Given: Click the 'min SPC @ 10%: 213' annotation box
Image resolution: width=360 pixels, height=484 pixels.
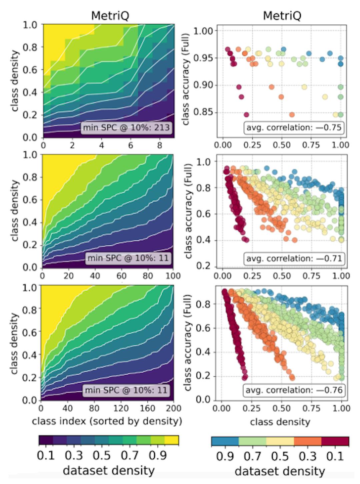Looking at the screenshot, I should (x=126, y=127).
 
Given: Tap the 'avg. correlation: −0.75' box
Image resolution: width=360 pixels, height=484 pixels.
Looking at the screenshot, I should (x=294, y=127).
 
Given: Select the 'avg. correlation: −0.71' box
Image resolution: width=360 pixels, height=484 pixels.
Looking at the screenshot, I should (x=294, y=259).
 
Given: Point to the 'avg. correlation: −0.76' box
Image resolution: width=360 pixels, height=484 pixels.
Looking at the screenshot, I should (x=294, y=390).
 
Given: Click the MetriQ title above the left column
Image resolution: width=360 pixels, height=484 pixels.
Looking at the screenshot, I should (x=110, y=16).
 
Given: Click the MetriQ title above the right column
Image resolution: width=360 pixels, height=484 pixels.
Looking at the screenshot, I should (x=282, y=16).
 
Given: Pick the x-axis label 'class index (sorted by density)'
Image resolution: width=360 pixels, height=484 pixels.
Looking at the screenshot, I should (x=107, y=421).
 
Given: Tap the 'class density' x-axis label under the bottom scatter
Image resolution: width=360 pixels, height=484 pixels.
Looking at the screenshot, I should (x=280, y=422).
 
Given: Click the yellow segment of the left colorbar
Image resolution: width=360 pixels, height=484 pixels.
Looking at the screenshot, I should (x=172, y=440).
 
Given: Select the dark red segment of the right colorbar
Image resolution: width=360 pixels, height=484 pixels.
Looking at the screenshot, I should (x=335, y=441).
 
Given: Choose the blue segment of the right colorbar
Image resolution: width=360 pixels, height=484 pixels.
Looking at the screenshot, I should (x=225, y=441).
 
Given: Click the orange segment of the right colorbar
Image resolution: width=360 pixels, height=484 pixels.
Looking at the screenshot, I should (x=308, y=441).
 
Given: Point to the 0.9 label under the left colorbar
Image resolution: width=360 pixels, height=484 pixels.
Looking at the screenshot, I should (x=158, y=455).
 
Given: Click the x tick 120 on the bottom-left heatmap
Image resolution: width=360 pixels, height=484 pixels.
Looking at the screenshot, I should (x=121, y=408).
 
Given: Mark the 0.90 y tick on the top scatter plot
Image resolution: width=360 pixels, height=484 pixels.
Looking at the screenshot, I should (x=204, y=85).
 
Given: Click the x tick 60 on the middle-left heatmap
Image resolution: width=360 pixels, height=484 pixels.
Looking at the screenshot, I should (x=121, y=276).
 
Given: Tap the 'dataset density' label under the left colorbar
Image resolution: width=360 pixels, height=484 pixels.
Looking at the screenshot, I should (x=109, y=471).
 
